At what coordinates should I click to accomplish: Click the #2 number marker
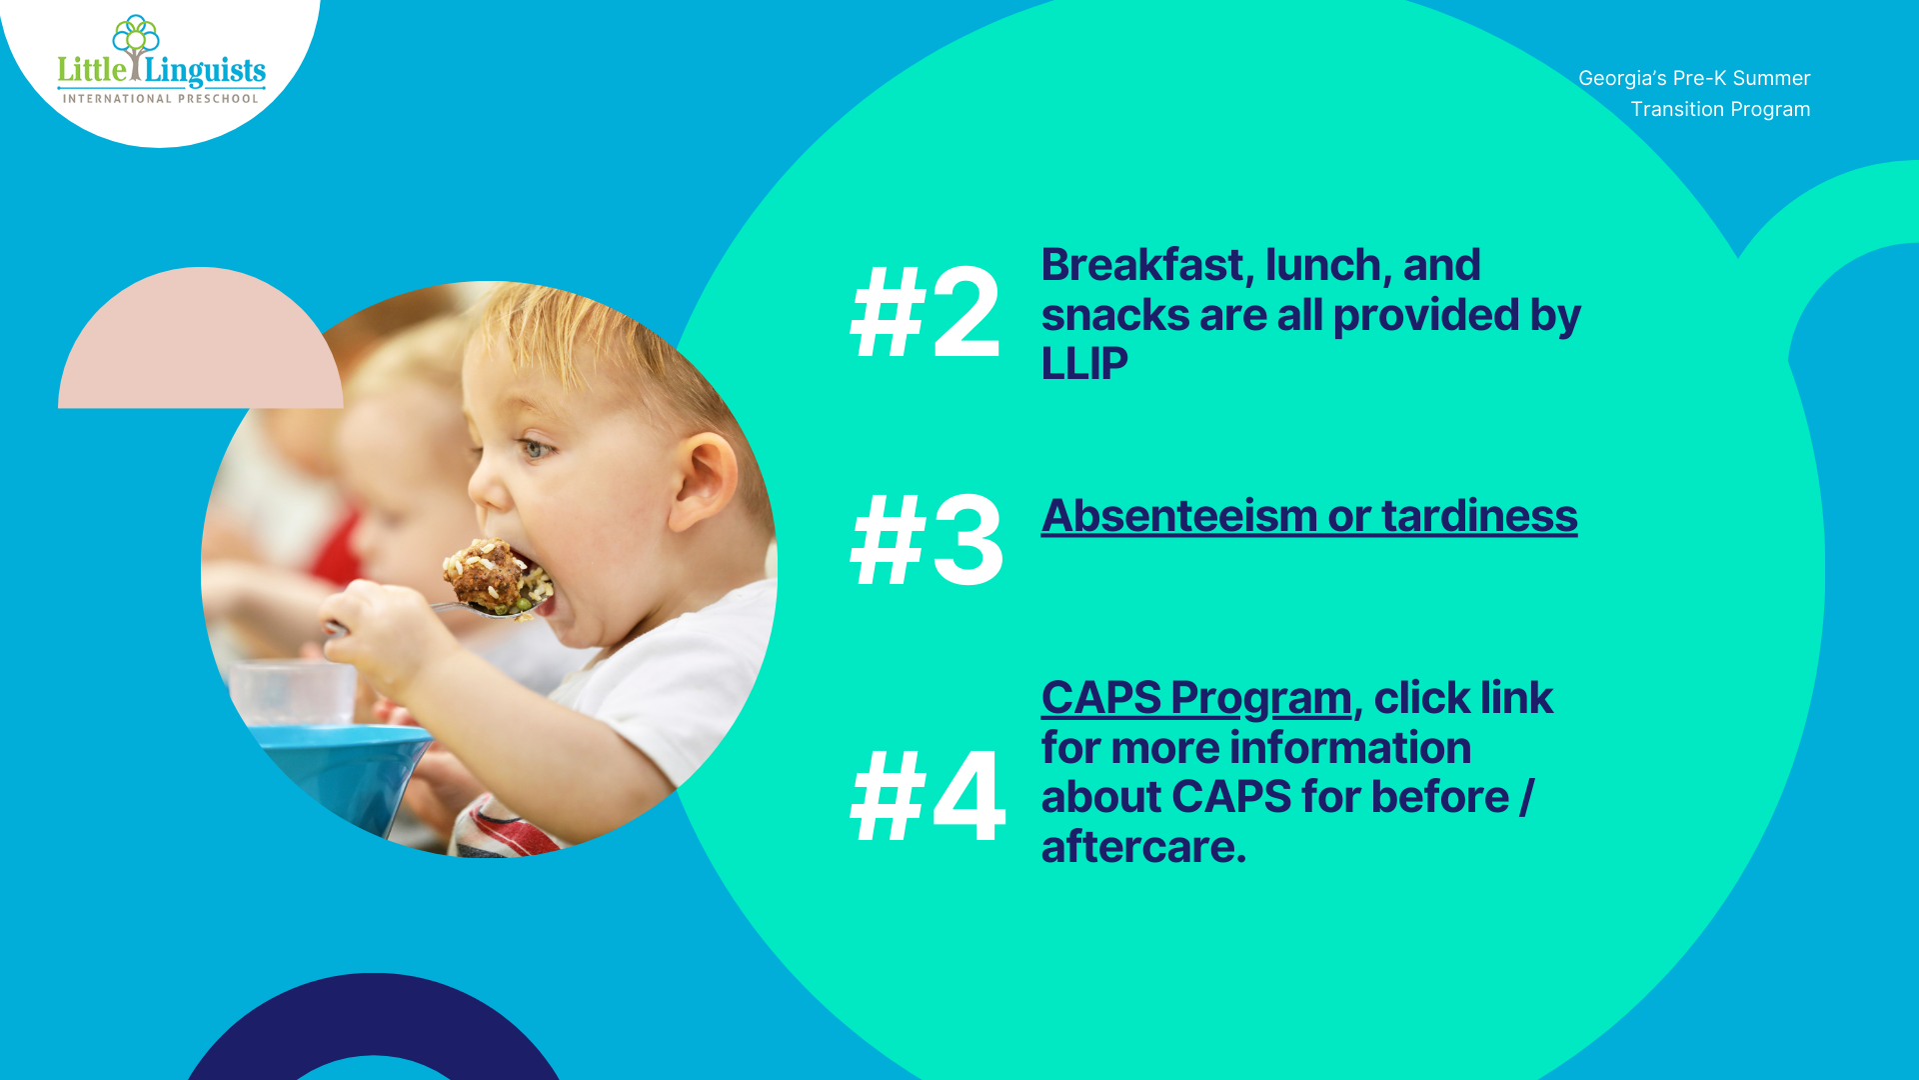925,312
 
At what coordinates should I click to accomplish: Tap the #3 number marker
927,540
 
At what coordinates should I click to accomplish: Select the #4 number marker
928,797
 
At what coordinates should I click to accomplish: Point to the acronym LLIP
1084,363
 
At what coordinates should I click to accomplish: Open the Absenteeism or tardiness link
1309,517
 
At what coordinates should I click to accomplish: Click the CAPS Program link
1196,699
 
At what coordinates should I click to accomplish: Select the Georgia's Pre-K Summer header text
1694,78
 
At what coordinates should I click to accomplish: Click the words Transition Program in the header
1720,109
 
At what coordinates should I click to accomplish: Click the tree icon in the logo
136,46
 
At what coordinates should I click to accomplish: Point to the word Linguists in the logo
206,71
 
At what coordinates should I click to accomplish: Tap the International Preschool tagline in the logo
161,98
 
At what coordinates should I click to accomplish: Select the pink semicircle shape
201,337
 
